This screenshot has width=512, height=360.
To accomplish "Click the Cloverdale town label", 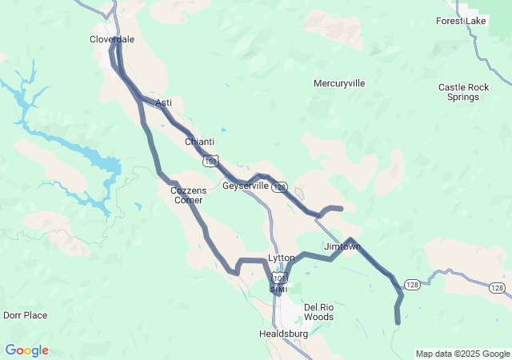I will pyautogui.click(x=111, y=38).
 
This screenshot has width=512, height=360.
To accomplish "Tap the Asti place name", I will pyautogui.click(x=163, y=102).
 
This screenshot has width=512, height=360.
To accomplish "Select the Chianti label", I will pyautogui.click(x=199, y=142).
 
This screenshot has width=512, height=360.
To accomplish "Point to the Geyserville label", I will pyautogui.click(x=245, y=186).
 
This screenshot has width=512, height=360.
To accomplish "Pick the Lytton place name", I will pyautogui.click(x=282, y=258).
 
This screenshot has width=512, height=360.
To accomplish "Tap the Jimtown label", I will pyautogui.click(x=342, y=246).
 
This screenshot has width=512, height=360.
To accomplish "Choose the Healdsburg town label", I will pyautogui.click(x=283, y=333).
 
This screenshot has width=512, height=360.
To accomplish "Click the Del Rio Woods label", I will pyautogui.click(x=318, y=312).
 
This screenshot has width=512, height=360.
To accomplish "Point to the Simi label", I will pyautogui.click(x=278, y=290).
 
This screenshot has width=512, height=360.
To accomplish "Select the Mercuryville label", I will pyautogui.click(x=339, y=83).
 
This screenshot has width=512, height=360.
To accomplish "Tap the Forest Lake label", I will pyautogui.click(x=461, y=21).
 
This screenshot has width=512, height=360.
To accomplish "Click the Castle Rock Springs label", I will pyautogui.click(x=459, y=92).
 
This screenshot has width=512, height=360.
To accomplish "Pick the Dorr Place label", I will pyautogui.click(x=25, y=315).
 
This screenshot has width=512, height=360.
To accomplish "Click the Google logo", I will pyautogui.click(x=26, y=350).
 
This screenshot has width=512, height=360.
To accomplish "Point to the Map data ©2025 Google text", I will pyautogui.click(x=462, y=354).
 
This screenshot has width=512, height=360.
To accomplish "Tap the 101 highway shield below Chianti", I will pyautogui.click(x=210, y=162).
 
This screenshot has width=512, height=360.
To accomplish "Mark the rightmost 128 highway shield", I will pyautogui.click(x=496, y=287).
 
